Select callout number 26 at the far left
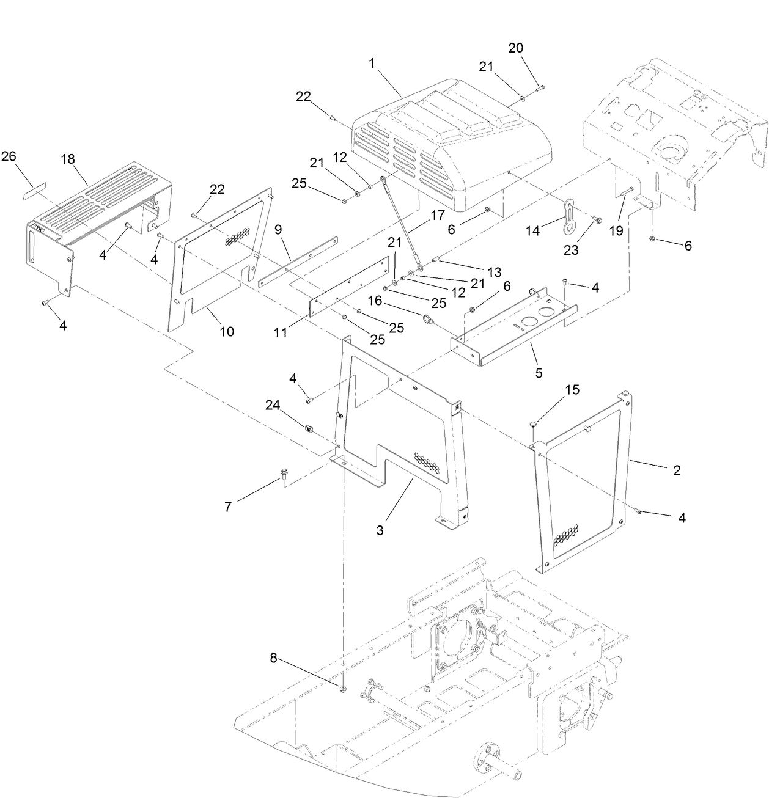click(x=9, y=156)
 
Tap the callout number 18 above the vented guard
click(x=67, y=159)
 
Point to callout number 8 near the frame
click(x=273, y=658)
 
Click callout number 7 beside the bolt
click(x=228, y=507)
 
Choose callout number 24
click(x=273, y=404)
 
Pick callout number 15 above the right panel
click(x=572, y=389)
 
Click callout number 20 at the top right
click(x=516, y=48)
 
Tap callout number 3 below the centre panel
click(x=380, y=530)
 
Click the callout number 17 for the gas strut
click(x=437, y=215)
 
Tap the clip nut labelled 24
click(x=309, y=427)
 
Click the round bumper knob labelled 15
click(x=534, y=422)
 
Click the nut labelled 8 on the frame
click(x=344, y=689)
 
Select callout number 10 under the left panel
click(x=227, y=331)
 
